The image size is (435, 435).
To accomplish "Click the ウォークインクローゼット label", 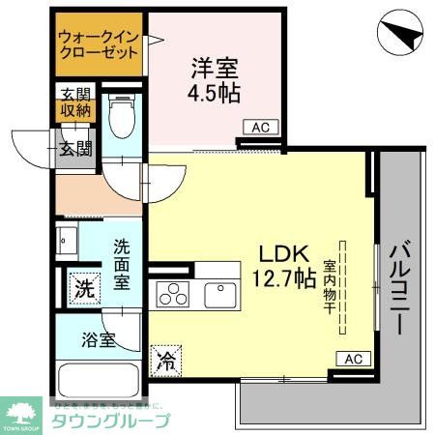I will click(98, 44).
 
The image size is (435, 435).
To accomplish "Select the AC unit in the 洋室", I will click(259, 127).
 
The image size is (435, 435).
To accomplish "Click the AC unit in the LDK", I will click(353, 359).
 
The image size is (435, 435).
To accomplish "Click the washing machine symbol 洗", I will click(84, 287).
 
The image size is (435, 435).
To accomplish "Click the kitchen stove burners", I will click(174, 292).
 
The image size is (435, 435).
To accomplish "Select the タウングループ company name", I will click(111, 420).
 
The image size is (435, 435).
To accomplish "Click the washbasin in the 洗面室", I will click(69, 242).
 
